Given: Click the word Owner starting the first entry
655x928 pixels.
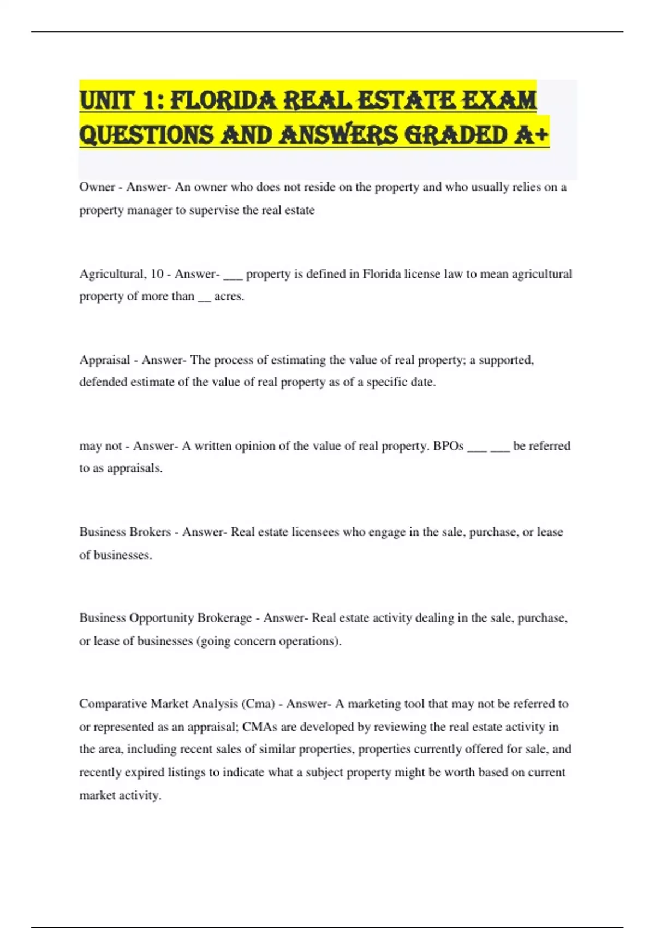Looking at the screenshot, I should (97, 187).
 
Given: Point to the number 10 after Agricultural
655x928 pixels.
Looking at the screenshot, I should (157, 273).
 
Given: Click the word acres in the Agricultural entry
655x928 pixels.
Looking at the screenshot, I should (228, 296).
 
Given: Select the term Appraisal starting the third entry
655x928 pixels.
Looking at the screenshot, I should (105, 360).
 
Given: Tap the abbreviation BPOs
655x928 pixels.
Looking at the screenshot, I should (448, 446).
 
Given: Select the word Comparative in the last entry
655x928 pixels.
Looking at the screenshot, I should (112, 704).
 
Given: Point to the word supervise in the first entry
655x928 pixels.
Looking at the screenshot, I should (213, 210).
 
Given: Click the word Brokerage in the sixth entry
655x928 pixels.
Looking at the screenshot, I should (224, 618).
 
